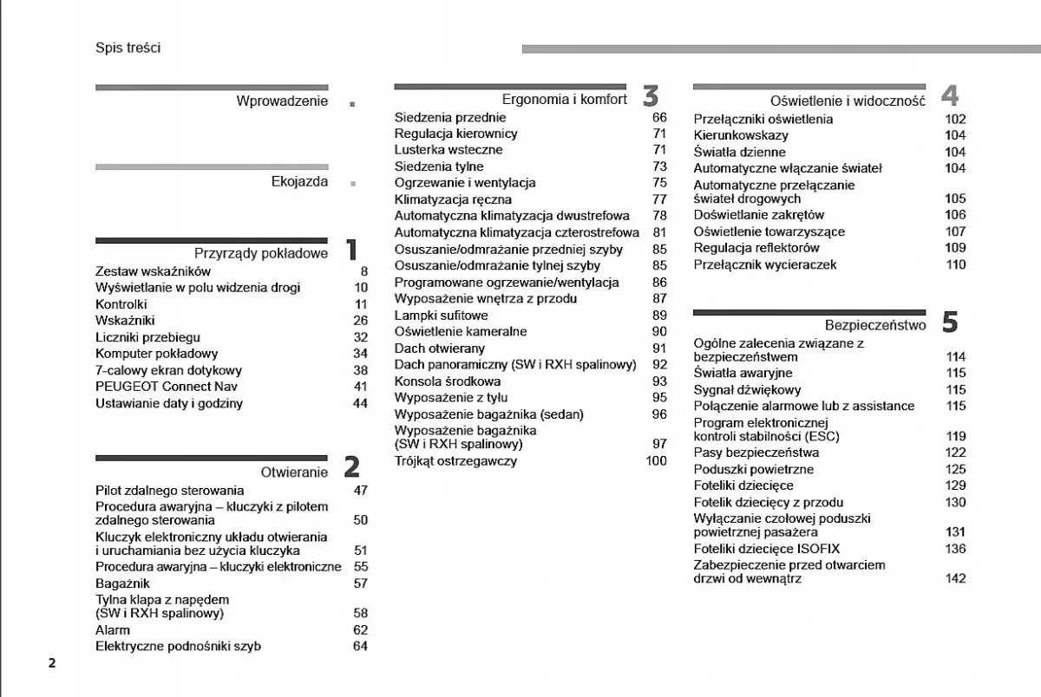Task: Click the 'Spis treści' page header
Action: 128,49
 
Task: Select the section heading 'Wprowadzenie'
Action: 282,101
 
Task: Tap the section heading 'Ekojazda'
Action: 299,182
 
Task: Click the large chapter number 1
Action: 350,251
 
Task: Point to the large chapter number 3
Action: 651,96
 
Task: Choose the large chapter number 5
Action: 949,323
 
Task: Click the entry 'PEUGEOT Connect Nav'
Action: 166,387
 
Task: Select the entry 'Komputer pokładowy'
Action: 156,354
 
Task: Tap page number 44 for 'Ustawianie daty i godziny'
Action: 360,403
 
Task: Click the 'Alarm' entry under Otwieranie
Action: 112,630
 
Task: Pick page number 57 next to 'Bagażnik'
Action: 360,583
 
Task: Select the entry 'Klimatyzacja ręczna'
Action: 453,199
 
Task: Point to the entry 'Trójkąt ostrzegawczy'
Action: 455,461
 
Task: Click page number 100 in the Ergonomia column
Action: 656,461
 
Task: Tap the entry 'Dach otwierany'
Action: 439,348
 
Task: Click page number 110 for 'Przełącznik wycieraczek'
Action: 955,264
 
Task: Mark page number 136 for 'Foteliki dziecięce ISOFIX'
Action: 955,549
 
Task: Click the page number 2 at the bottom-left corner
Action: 52,664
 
